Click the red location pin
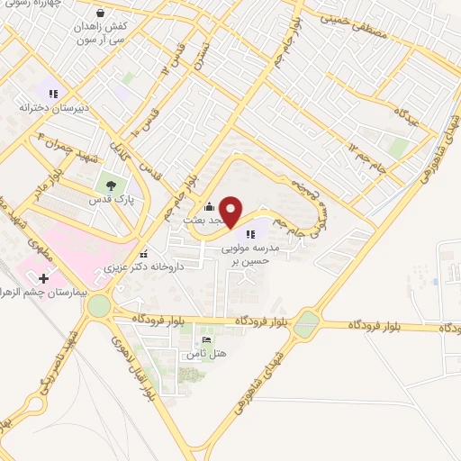click(230, 211)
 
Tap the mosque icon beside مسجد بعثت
click(210, 206)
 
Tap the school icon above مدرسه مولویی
click(249, 235)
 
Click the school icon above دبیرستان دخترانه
click(53, 93)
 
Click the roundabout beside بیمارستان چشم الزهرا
click(99, 305)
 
